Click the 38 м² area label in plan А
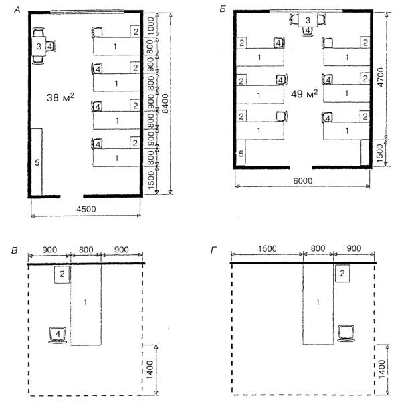coord(60,97)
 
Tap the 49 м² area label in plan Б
coord(304,93)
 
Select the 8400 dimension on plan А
coord(165,104)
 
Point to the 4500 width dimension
coord(86,209)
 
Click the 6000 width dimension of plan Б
coord(302,181)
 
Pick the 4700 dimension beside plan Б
coord(380,77)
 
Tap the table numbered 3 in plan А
coord(39,46)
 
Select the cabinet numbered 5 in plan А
coord(37,162)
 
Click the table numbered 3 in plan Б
coord(308,20)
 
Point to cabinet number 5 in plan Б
coord(241,153)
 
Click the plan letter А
coord(17,10)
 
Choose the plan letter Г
coord(213,250)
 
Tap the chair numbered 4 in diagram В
coord(58,334)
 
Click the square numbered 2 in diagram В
coord(62,274)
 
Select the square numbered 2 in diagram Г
coord(342,273)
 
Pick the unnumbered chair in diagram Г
coord(346,333)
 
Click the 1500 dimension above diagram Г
coord(267,248)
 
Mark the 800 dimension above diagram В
coord(86,250)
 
